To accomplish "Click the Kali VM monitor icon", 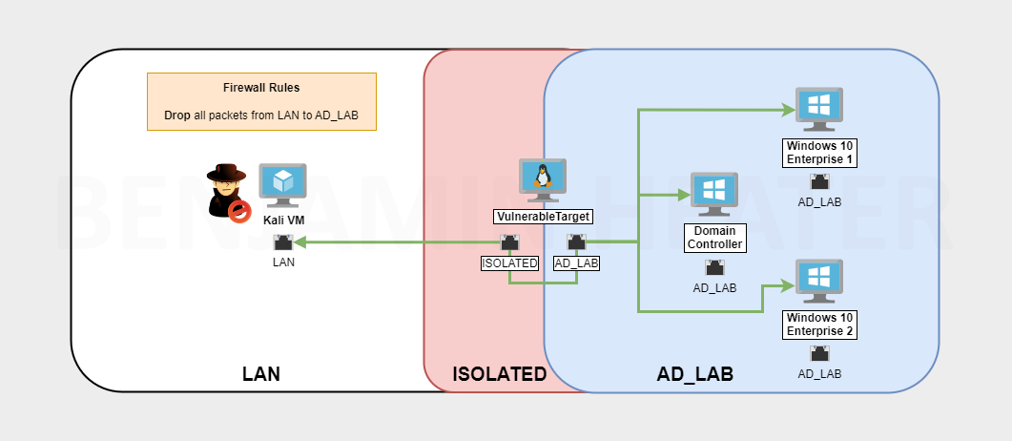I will [282, 184].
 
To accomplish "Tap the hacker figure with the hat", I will [227, 190].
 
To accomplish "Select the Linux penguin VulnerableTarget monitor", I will [543, 179].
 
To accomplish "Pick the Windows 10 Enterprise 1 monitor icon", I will [818, 109].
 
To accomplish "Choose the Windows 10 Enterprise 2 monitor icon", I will [818, 282].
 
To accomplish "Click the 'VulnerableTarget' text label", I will [543, 217].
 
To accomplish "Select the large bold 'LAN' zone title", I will [261, 374].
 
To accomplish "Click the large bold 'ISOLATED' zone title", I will [500, 374].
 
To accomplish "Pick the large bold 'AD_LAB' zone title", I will [695, 374].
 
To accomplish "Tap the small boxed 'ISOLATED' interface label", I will [509, 262].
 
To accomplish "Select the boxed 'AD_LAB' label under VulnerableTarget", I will [576, 262].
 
